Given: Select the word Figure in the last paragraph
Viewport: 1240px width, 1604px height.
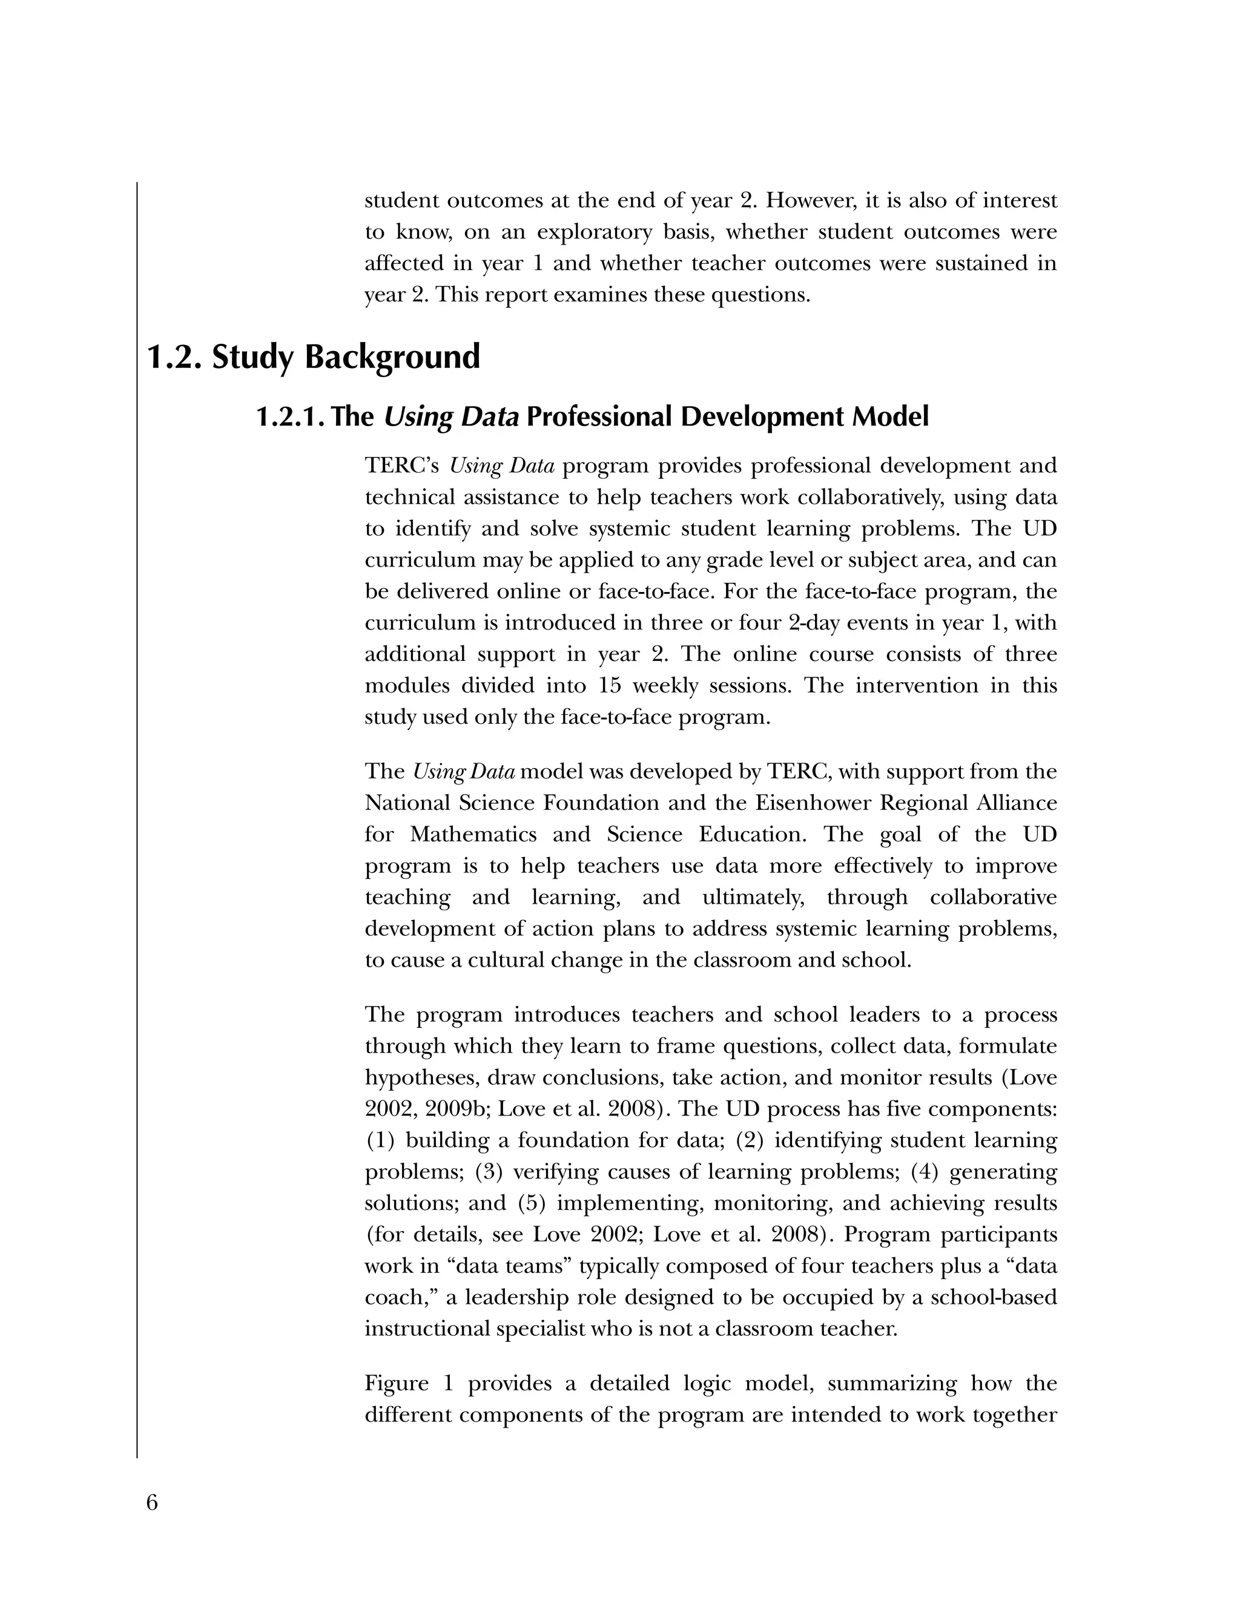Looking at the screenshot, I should coord(397,1383).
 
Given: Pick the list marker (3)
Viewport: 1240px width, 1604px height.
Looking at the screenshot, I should coord(489,1171).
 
